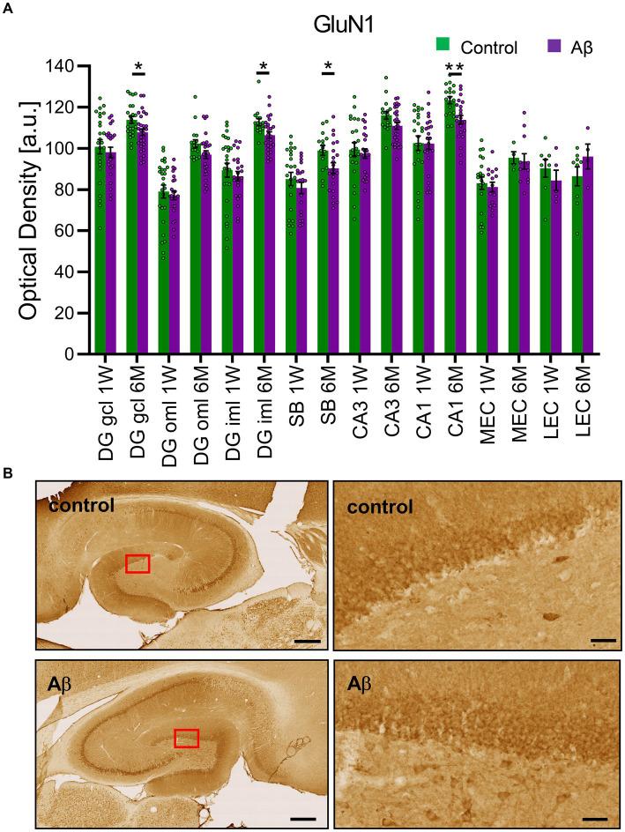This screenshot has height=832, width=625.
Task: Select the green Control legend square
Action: pos(443,47)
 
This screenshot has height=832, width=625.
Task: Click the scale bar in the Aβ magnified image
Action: pos(594,818)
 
